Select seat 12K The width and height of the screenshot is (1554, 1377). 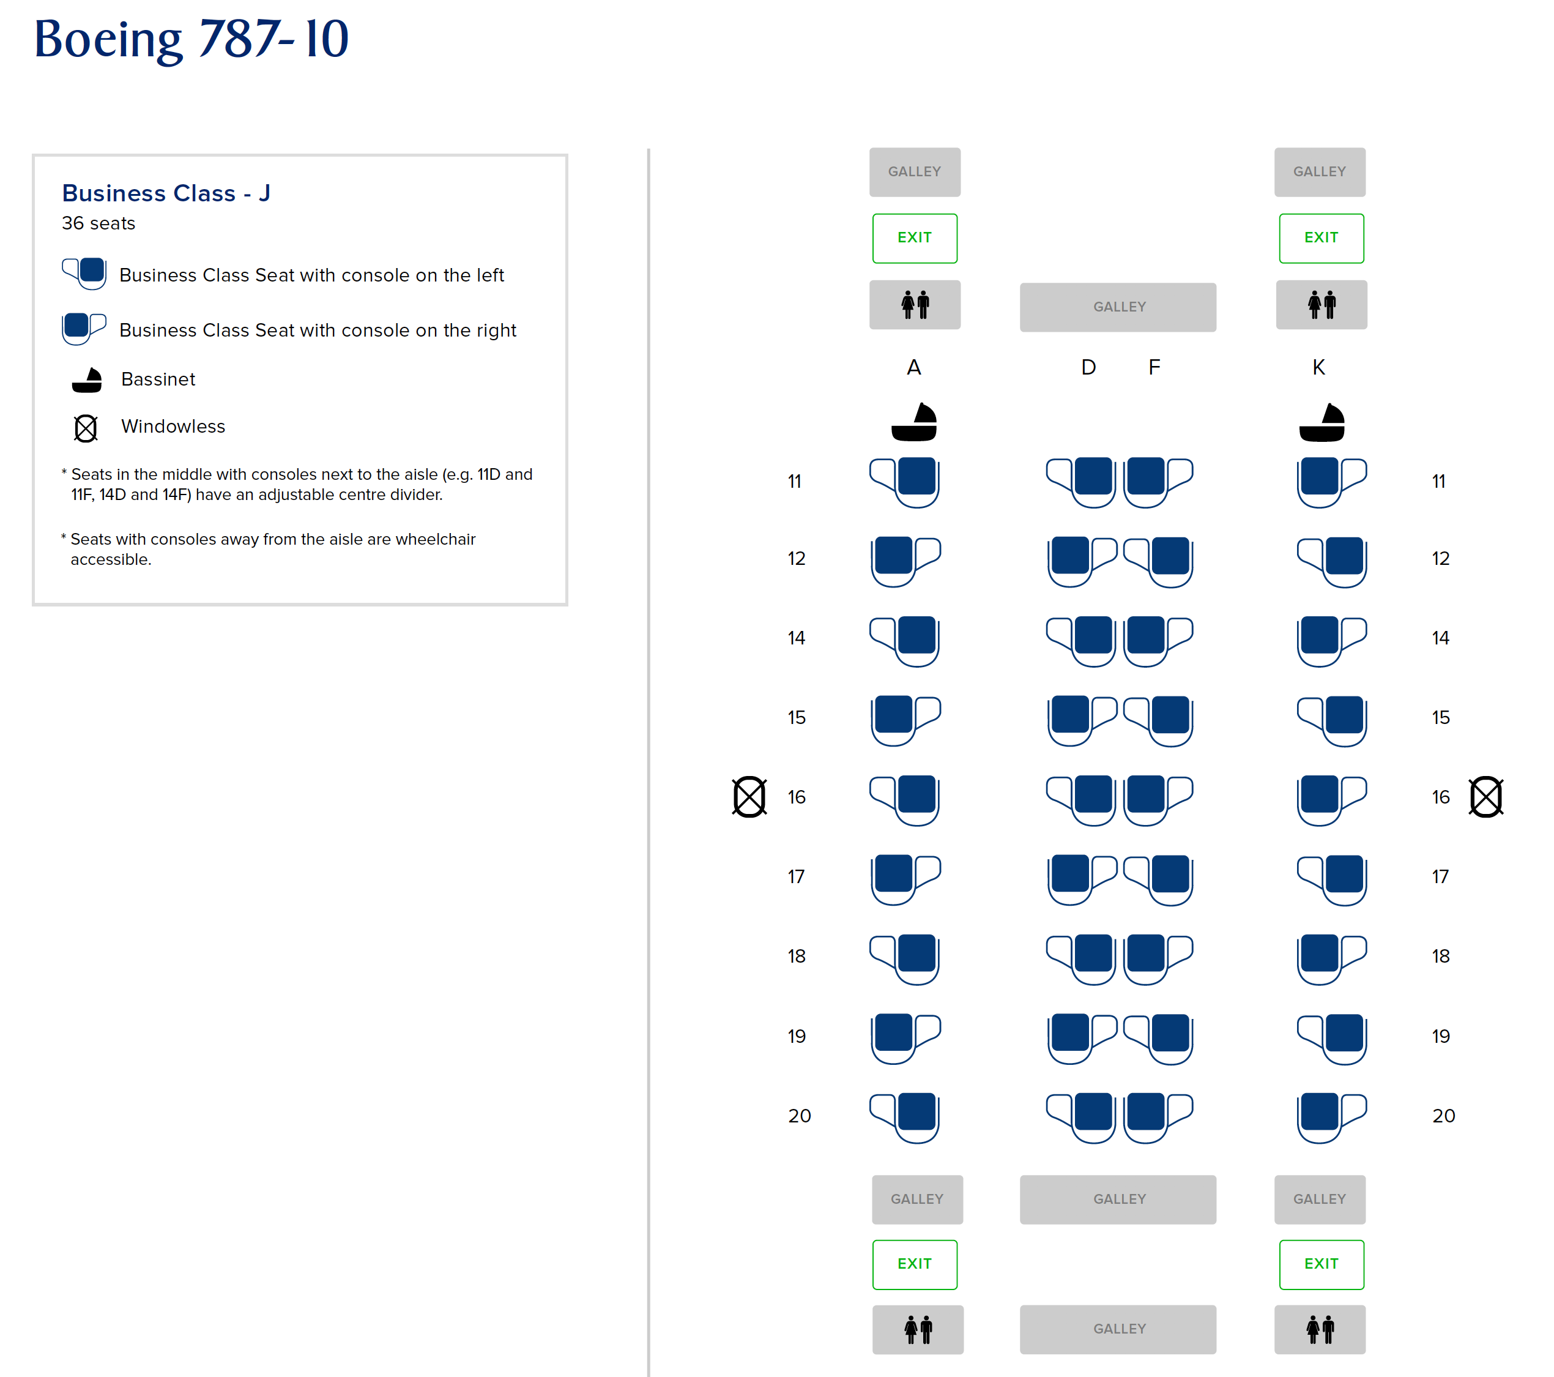(x=1332, y=561)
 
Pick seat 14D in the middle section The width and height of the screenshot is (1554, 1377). (x=1081, y=641)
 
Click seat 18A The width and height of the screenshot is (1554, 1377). (x=905, y=959)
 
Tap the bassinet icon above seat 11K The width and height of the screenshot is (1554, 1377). (x=1322, y=423)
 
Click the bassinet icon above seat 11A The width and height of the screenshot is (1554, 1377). (x=914, y=422)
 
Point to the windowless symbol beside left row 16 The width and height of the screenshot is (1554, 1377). (x=749, y=797)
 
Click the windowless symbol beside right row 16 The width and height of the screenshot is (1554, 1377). (x=1485, y=797)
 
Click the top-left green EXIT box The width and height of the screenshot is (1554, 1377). (x=915, y=238)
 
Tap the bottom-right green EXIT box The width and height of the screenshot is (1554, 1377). (x=1322, y=1264)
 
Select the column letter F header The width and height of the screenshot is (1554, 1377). (x=1154, y=368)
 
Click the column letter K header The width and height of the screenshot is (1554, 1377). (x=1319, y=368)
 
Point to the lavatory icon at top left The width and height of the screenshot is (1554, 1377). (x=915, y=304)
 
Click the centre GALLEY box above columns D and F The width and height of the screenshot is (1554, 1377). (x=1118, y=307)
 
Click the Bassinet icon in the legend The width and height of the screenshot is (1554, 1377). (x=87, y=380)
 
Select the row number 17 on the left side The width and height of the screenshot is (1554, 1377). (x=796, y=876)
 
